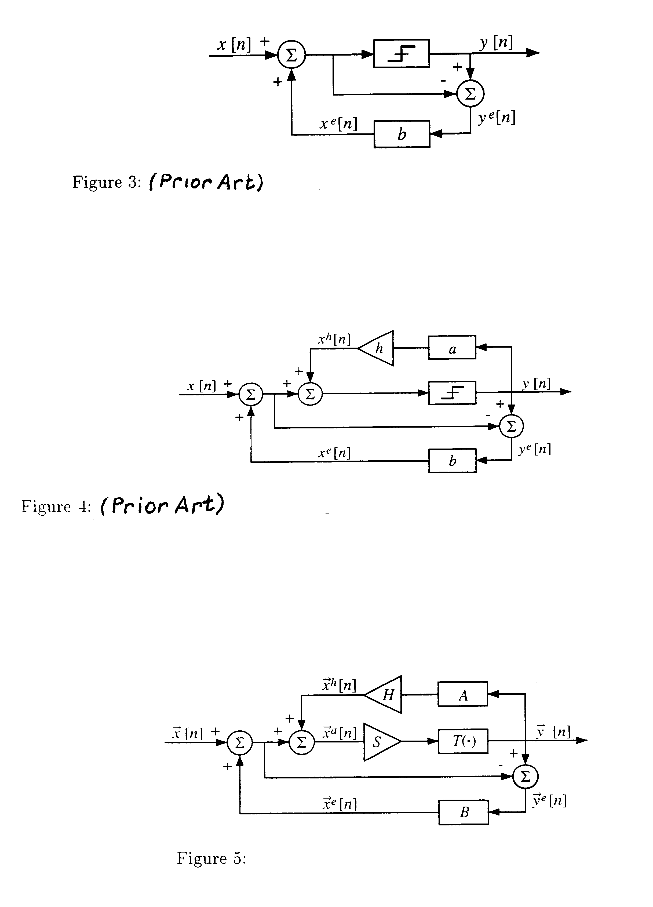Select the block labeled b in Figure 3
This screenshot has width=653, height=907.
402,134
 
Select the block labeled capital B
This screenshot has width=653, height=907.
464,812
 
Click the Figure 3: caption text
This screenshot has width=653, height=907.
107,182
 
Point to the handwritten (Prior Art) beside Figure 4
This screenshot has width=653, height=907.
162,505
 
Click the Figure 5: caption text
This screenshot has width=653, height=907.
211,858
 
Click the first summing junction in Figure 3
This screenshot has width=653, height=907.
291,55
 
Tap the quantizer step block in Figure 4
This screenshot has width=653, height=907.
452,393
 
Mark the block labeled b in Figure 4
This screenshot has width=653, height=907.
452,461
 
